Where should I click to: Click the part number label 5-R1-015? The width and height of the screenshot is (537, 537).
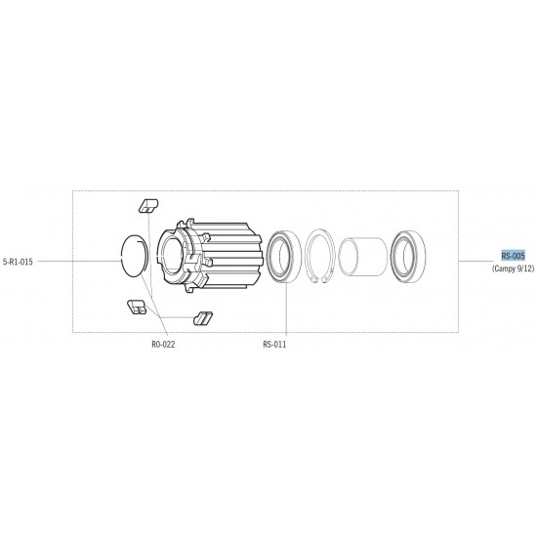point(18,262)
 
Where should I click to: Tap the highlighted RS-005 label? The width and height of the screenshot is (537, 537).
point(513,256)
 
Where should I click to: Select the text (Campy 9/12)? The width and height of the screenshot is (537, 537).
point(513,268)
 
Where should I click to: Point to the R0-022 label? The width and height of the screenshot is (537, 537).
point(163,345)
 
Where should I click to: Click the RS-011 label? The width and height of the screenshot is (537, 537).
point(274,345)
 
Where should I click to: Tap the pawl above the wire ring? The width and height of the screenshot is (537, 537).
point(148,206)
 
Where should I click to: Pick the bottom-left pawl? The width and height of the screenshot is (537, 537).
point(137,307)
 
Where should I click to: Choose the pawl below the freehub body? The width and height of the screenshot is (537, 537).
point(203,318)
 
